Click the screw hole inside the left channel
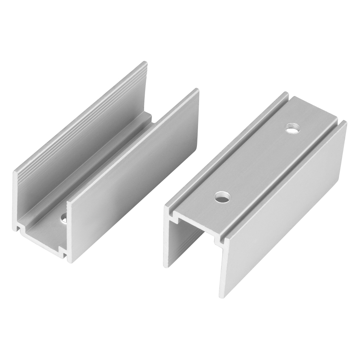click(x=64, y=218)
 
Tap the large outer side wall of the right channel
click(x=284, y=209)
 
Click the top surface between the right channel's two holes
click(x=257, y=162)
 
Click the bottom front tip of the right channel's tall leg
click(x=222, y=296)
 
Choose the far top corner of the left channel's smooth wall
click(x=197, y=90)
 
